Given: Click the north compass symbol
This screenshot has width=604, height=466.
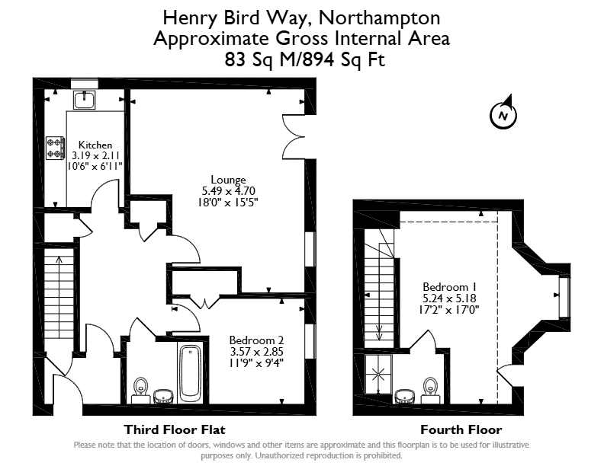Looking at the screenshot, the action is (503, 113).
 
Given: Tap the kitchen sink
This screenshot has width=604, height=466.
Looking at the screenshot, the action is (85, 100).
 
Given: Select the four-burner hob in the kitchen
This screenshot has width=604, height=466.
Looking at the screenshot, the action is (55, 148).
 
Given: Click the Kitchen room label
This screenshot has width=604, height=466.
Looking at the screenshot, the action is (95, 145).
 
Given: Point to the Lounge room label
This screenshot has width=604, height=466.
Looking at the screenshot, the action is (228, 180).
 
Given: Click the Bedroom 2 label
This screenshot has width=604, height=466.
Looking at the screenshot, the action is (256, 340).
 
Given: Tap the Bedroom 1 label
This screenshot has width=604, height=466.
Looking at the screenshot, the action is (449, 287).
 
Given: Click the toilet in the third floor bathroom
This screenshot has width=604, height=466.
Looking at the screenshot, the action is (140, 390).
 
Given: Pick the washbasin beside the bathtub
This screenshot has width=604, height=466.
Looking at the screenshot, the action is (164, 397).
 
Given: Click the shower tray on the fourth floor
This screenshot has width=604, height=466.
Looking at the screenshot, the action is (378, 374).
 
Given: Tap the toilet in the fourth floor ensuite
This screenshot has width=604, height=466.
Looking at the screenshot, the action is (430, 391).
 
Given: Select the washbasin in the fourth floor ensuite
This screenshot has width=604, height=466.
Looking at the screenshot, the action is (405, 397).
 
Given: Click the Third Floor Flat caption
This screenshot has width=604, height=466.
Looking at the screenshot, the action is (175, 429).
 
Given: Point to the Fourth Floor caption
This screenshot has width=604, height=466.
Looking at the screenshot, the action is (461, 429).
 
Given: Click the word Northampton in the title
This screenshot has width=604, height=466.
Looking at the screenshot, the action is (379, 18).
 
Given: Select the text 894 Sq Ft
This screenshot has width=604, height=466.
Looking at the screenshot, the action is (344, 59).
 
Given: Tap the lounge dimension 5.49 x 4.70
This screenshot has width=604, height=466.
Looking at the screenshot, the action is (229, 190).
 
